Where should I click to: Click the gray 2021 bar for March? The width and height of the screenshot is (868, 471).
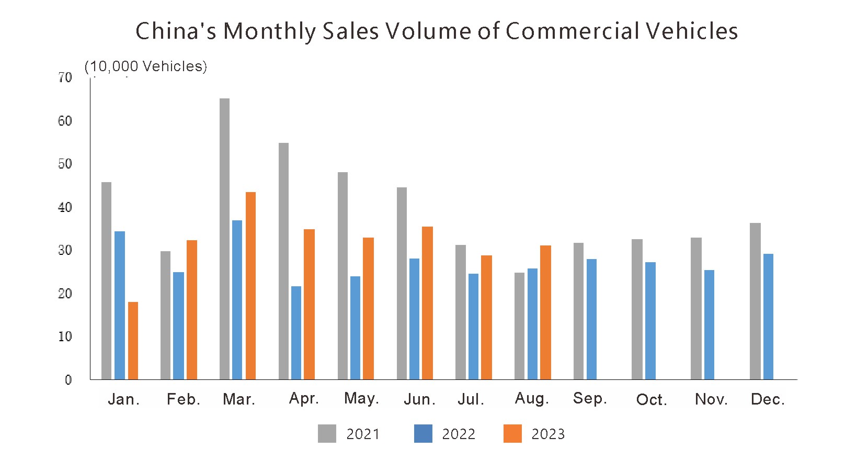(224, 239)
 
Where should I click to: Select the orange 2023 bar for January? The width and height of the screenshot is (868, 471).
(133, 341)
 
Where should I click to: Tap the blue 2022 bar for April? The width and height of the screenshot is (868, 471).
(296, 333)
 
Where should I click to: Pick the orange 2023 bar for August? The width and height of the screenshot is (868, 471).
(545, 312)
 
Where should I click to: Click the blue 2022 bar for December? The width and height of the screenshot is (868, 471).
(768, 317)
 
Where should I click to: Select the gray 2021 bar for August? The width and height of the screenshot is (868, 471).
(519, 326)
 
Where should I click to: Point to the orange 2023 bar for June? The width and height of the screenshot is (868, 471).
(427, 303)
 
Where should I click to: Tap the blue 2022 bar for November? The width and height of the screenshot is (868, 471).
(709, 324)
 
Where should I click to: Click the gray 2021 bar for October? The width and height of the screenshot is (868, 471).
(637, 309)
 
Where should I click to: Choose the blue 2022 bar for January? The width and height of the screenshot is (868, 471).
(120, 305)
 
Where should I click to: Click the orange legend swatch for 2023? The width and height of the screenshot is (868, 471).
(512, 434)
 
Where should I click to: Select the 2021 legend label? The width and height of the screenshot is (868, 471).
(363, 434)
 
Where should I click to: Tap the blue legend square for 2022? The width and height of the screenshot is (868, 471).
(423, 434)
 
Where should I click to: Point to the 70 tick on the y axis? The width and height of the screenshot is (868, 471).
(65, 78)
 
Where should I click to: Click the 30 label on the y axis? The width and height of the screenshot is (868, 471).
(65, 250)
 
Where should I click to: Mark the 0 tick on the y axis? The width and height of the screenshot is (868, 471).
(68, 380)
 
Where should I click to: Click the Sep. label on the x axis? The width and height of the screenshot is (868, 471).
(590, 398)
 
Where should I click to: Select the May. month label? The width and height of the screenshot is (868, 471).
(361, 398)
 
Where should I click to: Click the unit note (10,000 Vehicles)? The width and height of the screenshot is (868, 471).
(146, 66)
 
